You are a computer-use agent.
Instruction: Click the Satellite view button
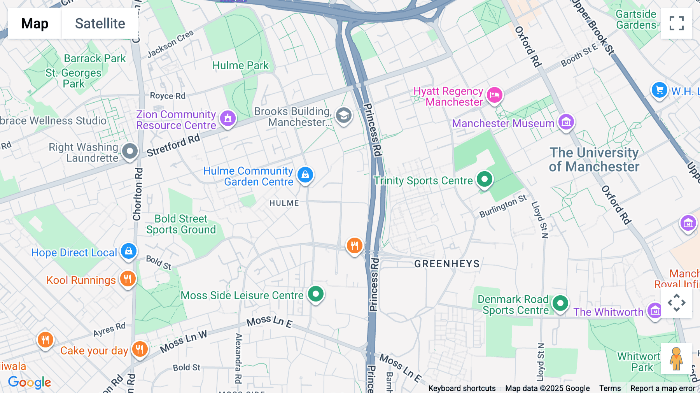[100, 23]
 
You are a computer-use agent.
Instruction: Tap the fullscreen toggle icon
[676, 23]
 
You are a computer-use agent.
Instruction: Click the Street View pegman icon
[676, 358]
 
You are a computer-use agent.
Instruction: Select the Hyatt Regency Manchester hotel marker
[494, 95]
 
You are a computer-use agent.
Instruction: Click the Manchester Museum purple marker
[566, 122]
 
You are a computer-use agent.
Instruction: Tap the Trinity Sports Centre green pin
[484, 179]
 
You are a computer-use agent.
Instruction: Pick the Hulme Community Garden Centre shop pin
[305, 175]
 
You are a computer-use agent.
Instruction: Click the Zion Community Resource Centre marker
[228, 118]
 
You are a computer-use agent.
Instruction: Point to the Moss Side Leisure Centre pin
[315, 294]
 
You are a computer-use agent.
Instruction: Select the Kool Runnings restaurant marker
[128, 279]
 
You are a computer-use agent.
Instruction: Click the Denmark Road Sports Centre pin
[560, 303]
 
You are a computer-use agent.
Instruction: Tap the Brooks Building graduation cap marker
[343, 116]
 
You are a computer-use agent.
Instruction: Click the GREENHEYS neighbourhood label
[447, 264]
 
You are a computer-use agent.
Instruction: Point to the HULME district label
[284, 203]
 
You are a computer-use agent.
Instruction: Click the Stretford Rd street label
[173, 145]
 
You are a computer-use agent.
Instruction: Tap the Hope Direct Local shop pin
[129, 251]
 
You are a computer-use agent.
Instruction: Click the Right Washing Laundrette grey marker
[130, 151]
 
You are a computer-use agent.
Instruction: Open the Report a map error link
[663, 388]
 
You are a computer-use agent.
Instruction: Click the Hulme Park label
[240, 65]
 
